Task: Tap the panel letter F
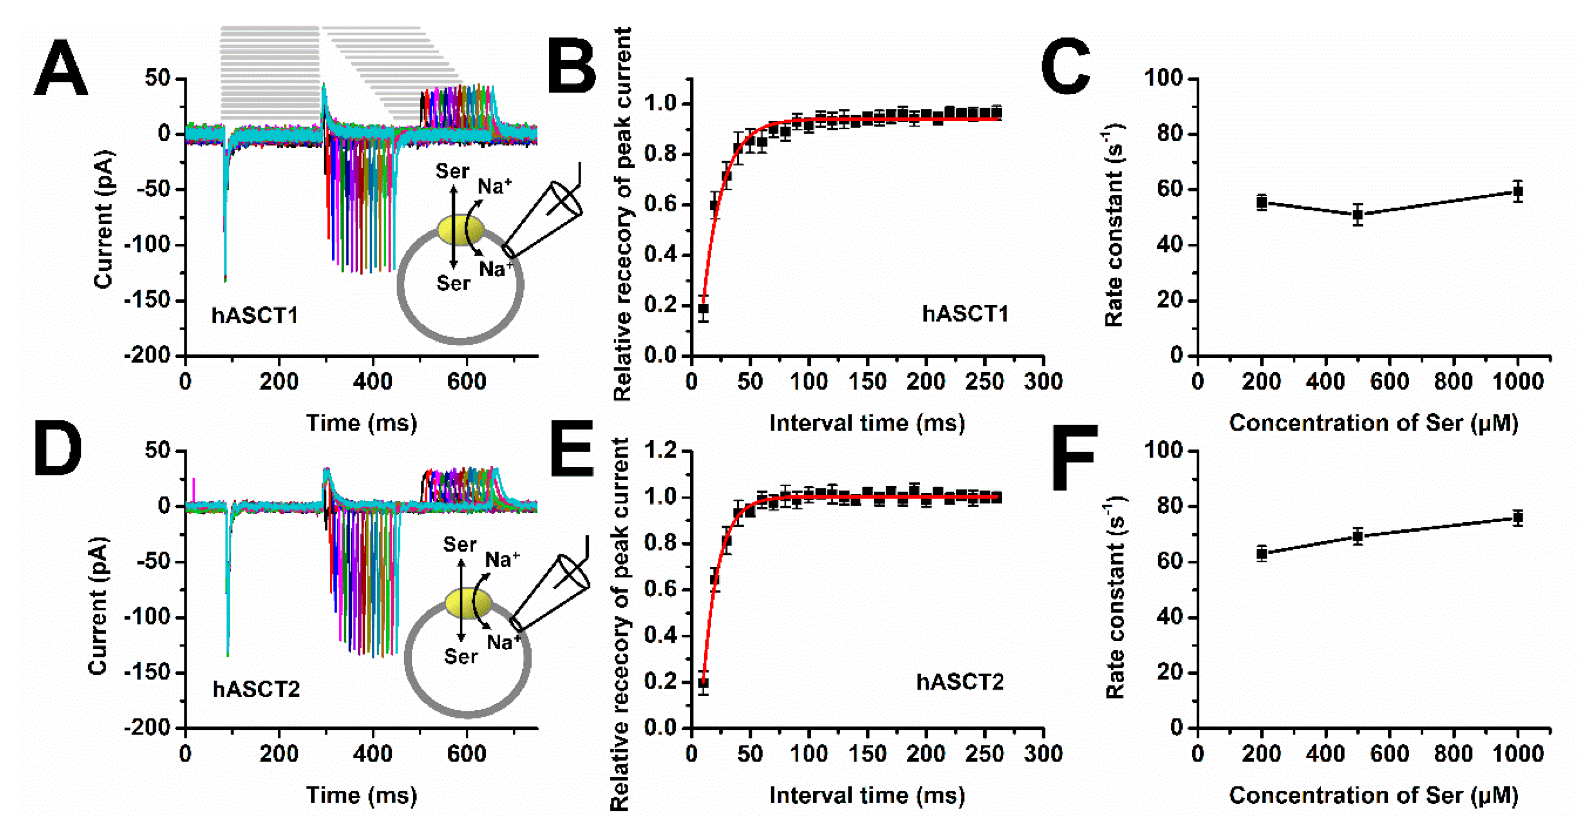1074,457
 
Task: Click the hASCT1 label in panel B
965,314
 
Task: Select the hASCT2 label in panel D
256,690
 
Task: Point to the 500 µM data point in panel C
1358,215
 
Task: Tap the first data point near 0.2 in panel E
703,682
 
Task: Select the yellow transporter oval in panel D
468,603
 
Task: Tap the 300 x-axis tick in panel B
1043,382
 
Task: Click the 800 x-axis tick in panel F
1453,754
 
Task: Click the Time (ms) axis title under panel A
361,423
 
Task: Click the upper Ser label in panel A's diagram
453,172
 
